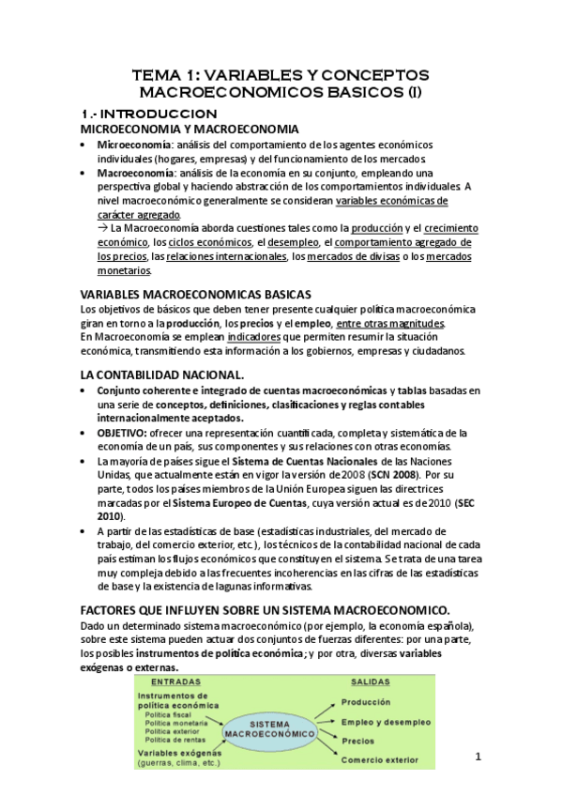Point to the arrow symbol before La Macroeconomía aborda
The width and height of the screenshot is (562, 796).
(x=102, y=227)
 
